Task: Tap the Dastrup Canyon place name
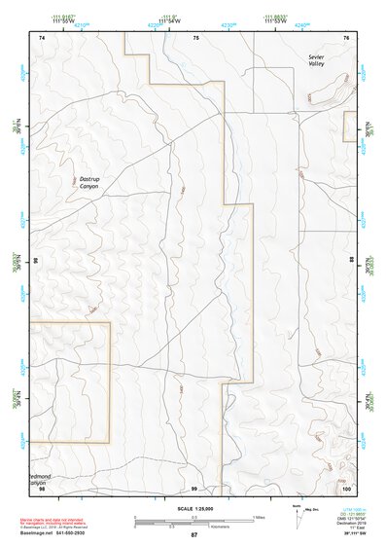click(x=94, y=182)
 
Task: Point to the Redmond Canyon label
click(x=35, y=479)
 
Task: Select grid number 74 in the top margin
click(x=42, y=37)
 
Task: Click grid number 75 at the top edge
click(x=195, y=37)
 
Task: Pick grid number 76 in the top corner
click(x=346, y=37)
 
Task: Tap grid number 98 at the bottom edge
click(x=42, y=489)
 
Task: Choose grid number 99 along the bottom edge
click(x=194, y=489)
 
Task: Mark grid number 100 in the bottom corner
click(x=345, y=489)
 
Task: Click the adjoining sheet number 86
click(x=35, y=262)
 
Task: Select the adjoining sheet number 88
click(x=352, y=262)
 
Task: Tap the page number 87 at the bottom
click(x=193, y=535)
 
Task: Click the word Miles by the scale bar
click(x=260, y=516)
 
